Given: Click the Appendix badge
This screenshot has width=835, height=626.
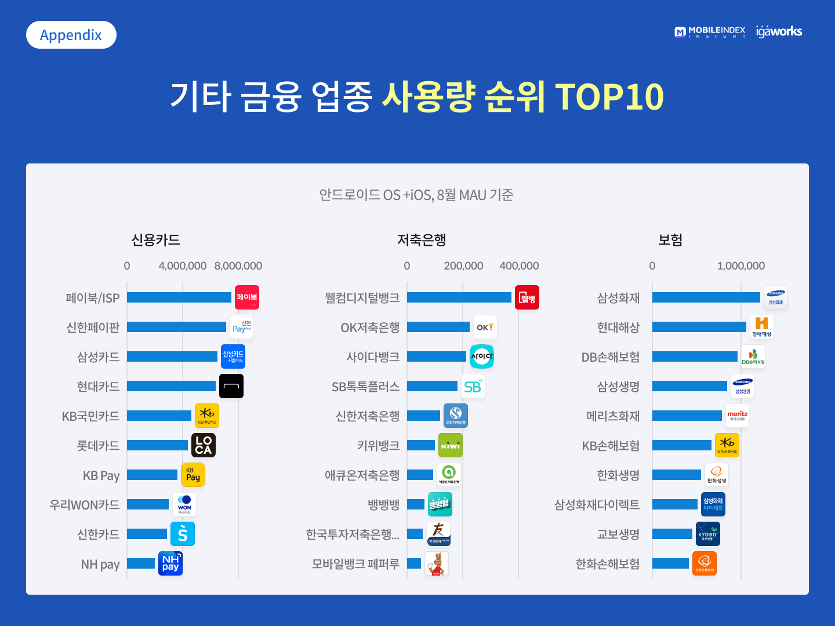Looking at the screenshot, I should [x=71, y=35].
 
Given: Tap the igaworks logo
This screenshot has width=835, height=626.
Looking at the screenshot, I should [x=779, y=32].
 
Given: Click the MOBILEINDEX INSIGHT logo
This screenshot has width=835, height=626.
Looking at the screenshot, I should [x=710, y=32].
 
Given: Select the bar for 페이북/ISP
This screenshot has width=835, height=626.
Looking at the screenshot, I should [x=179, y=297].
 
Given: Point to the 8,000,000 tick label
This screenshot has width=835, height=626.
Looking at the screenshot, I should [x=238, y=266].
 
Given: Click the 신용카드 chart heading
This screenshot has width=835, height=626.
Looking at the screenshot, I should [x=155, y=240].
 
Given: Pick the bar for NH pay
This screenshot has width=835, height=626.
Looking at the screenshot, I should [x=141, y=563].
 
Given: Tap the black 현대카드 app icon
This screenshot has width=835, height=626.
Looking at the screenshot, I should [x=231, y=386].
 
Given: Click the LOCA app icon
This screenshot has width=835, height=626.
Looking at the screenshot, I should [x=204, y=445].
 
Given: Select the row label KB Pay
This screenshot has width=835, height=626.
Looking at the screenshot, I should [x=101, y=476].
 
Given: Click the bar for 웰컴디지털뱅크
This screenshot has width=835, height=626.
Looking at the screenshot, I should [x=459, y=297].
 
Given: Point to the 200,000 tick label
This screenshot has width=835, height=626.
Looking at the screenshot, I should [x=463, y=266].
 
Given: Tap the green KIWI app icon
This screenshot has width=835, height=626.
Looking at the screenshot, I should [x=451, y=445].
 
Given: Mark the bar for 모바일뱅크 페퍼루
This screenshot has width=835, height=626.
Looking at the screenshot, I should [x=414, y=563].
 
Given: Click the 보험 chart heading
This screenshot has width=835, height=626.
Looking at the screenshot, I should [x=670, y=240].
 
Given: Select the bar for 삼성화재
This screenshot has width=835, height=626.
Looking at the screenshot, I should [x=706, y=297].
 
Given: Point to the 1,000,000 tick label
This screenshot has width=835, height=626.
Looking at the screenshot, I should [x=741, y=266].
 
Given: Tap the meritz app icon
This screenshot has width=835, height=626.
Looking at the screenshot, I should [x=738, y=416].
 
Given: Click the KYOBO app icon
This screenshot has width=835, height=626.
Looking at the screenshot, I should [x=708, y=534].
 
